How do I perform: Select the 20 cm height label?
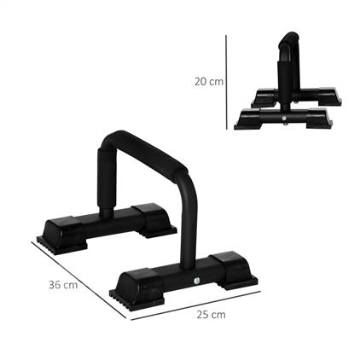[209, 81]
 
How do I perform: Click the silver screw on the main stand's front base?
[195, 282]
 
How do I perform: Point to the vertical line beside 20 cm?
[227, 81]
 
